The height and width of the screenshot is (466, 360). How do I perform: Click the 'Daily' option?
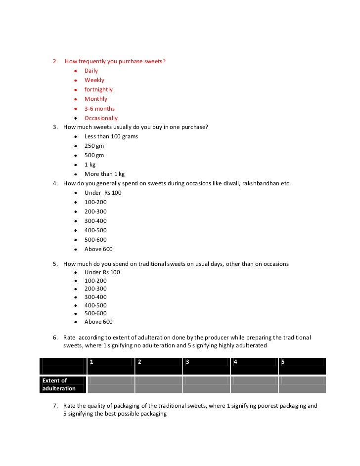[91, 71]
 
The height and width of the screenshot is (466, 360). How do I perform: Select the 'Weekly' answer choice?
[94, 80]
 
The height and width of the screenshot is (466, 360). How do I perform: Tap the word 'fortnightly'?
[98, 89]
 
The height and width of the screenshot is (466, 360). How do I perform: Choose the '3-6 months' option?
[99, 109]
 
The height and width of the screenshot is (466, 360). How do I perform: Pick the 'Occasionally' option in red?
[101, 118]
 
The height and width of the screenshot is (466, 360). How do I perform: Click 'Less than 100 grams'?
[111, 136]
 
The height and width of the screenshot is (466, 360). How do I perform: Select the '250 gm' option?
[94, 146]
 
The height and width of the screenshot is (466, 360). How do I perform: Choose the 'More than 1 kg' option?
[104, 174]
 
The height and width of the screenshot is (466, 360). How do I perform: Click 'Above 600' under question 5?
[98, 322]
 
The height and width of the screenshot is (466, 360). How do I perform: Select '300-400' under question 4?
[95, 221]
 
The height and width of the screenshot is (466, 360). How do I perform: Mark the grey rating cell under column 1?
[111, 384]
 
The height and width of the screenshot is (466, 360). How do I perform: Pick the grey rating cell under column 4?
[254, 384]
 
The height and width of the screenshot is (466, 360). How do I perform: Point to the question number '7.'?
[56, 406]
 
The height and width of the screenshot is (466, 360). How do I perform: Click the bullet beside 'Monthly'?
[75, 99]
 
